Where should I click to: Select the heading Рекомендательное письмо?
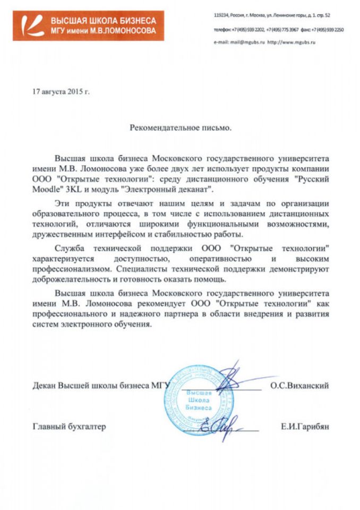181,128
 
